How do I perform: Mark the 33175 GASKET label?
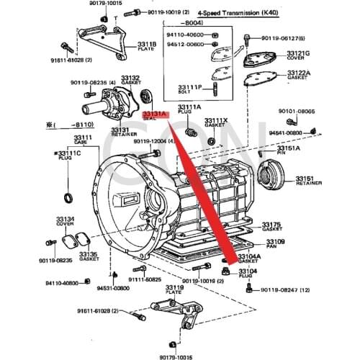[271, 226]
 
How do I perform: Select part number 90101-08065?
[297, 112]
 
